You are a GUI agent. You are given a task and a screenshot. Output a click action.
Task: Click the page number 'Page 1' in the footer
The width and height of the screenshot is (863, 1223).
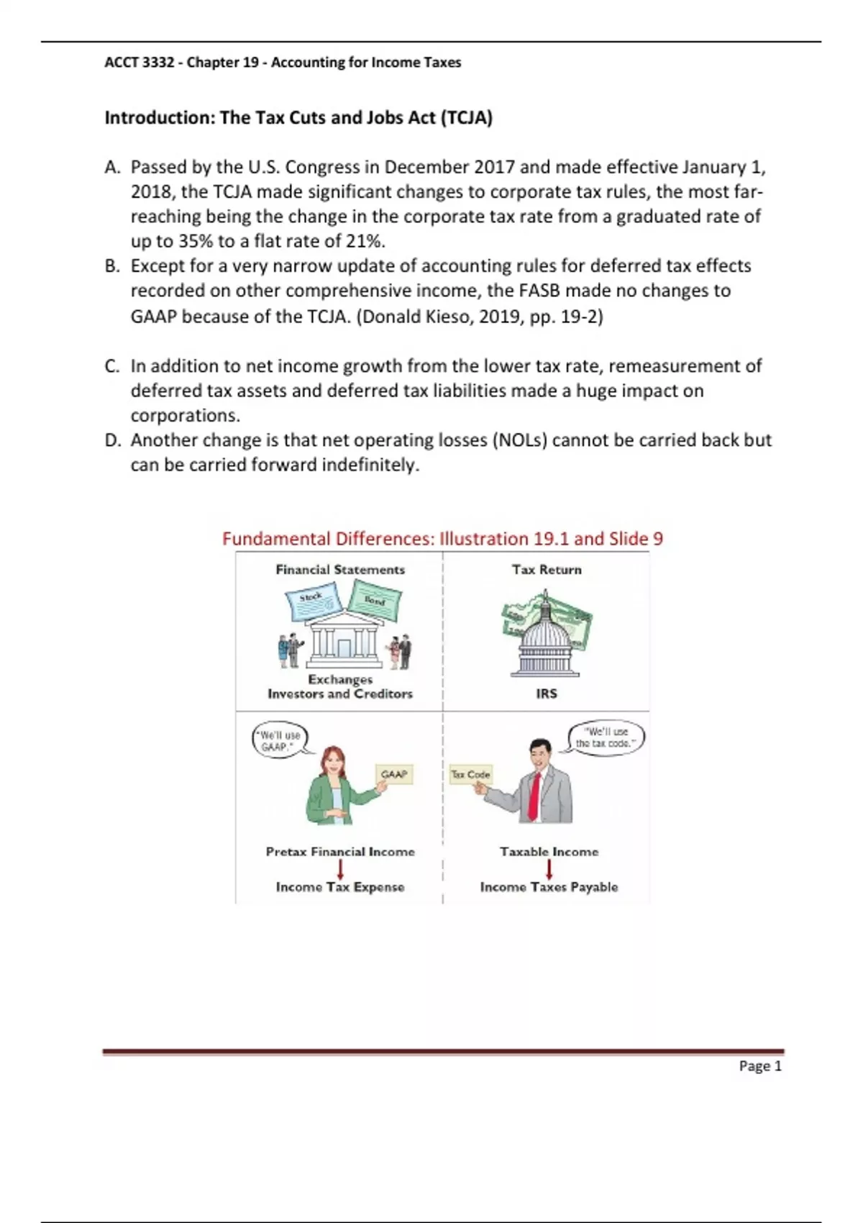click(x=759, y=1066)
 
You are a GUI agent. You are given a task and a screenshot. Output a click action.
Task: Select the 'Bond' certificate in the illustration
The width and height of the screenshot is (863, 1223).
click(x=375, y=601)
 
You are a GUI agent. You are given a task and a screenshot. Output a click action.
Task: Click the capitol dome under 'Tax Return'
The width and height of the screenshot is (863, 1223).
click(x=545, y=637)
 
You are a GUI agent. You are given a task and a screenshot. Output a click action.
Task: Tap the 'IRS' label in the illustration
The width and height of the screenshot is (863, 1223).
click(x=547, y=694)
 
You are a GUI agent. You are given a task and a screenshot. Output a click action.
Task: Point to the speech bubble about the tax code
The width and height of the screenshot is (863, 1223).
click(x=606, y=737)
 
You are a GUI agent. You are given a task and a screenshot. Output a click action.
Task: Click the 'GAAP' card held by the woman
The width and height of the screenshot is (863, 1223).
click(x=394, y=774)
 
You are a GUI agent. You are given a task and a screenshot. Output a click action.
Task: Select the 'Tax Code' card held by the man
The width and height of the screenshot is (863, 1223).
click(x=470, y=774)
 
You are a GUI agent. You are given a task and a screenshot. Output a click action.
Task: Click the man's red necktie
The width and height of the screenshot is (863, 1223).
click(x=534, y=796)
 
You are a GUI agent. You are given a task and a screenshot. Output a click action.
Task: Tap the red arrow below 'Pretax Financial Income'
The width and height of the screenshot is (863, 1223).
click(x=340, y=869)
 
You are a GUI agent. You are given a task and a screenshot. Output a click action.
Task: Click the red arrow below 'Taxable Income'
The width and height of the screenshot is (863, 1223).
click(x=549, y=869)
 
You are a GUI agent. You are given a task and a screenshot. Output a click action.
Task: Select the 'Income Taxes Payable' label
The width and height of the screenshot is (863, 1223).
click(x=549, y=887)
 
